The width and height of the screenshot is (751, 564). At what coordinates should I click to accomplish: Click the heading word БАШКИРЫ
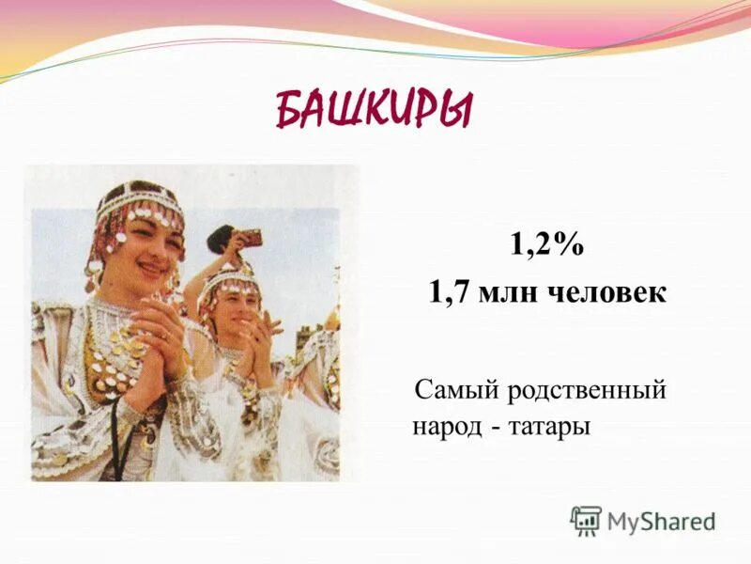click(375, 111)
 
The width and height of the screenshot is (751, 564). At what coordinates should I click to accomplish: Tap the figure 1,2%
click(547, 246)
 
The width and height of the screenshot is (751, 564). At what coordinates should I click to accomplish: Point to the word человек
click(606, 292)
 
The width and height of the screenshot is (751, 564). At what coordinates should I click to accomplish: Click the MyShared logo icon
click(586, 520)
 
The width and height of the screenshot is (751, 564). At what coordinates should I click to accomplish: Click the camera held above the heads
click(250, 238)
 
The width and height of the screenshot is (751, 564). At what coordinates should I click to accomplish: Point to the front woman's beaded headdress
click(141, 206)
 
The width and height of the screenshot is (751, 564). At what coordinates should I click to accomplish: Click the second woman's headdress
click(228, 278)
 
